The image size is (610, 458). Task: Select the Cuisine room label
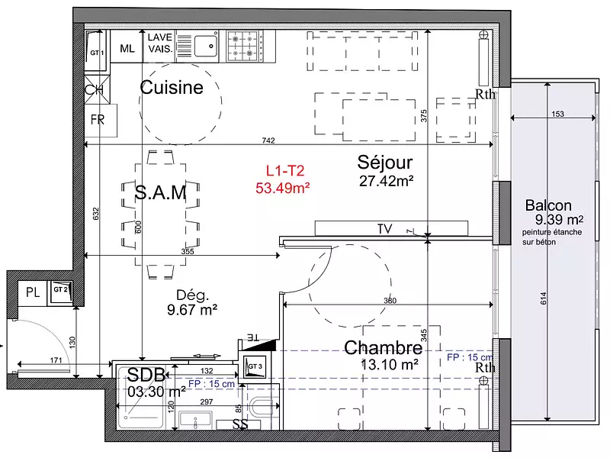click(172, 88)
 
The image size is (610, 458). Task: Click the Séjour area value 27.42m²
click(386, 181)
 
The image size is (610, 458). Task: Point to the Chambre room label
click(383, 348)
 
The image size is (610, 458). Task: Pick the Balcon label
click(548, 205)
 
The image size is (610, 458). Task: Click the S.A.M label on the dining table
click(160, 193)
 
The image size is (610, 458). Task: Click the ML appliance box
click(127, 48)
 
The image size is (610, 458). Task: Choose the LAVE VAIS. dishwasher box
click(160, 43)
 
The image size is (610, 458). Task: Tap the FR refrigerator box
click(98, 120)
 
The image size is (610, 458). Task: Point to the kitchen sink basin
click(204, 46)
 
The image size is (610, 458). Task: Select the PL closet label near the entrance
click(33, 291)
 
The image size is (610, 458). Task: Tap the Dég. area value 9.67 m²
click(191, 309)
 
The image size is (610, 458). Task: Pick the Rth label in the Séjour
click(485, 95)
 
